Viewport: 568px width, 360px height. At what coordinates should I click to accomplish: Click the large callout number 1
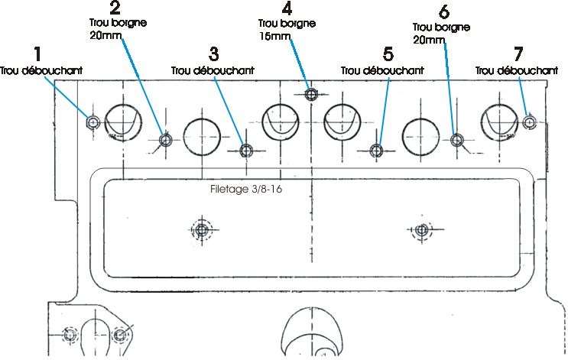pos(37,54)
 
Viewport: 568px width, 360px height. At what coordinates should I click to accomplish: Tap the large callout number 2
pos(115,8)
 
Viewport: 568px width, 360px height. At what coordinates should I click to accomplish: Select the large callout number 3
pos(214,54)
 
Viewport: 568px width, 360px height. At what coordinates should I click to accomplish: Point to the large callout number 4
pos(287,8)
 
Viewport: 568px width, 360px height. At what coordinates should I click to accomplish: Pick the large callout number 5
pos(388,54)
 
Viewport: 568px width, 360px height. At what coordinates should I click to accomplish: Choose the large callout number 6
pos(444,12)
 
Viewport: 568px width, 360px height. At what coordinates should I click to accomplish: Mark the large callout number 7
pos(518,54)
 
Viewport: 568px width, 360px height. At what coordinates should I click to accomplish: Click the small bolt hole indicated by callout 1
pos(93,122)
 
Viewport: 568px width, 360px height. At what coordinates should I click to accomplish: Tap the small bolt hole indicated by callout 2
pos(166,140)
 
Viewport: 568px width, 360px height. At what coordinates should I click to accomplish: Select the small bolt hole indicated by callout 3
pos(246,151)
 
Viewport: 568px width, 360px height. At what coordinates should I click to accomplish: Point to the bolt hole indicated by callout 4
pos(311,95)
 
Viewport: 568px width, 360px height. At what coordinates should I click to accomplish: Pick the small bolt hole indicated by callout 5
pos(377,151)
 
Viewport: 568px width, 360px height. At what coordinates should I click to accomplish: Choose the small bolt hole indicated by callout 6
pos(457,140)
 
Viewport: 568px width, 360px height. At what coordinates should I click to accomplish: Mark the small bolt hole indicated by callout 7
pos(530,122)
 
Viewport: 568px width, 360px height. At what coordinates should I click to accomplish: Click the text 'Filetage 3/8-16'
pos(246,189)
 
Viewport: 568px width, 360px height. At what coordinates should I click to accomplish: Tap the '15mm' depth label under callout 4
pos(275,37)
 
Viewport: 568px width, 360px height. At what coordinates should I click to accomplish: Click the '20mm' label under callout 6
pos(429,40)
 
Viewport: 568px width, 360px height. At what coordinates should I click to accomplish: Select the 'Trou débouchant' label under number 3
pos(213,70)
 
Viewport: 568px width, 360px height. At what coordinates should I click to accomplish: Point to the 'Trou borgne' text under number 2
pos(118,23)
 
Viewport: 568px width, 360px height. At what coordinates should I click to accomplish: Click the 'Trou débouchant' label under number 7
pos(517,70)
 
